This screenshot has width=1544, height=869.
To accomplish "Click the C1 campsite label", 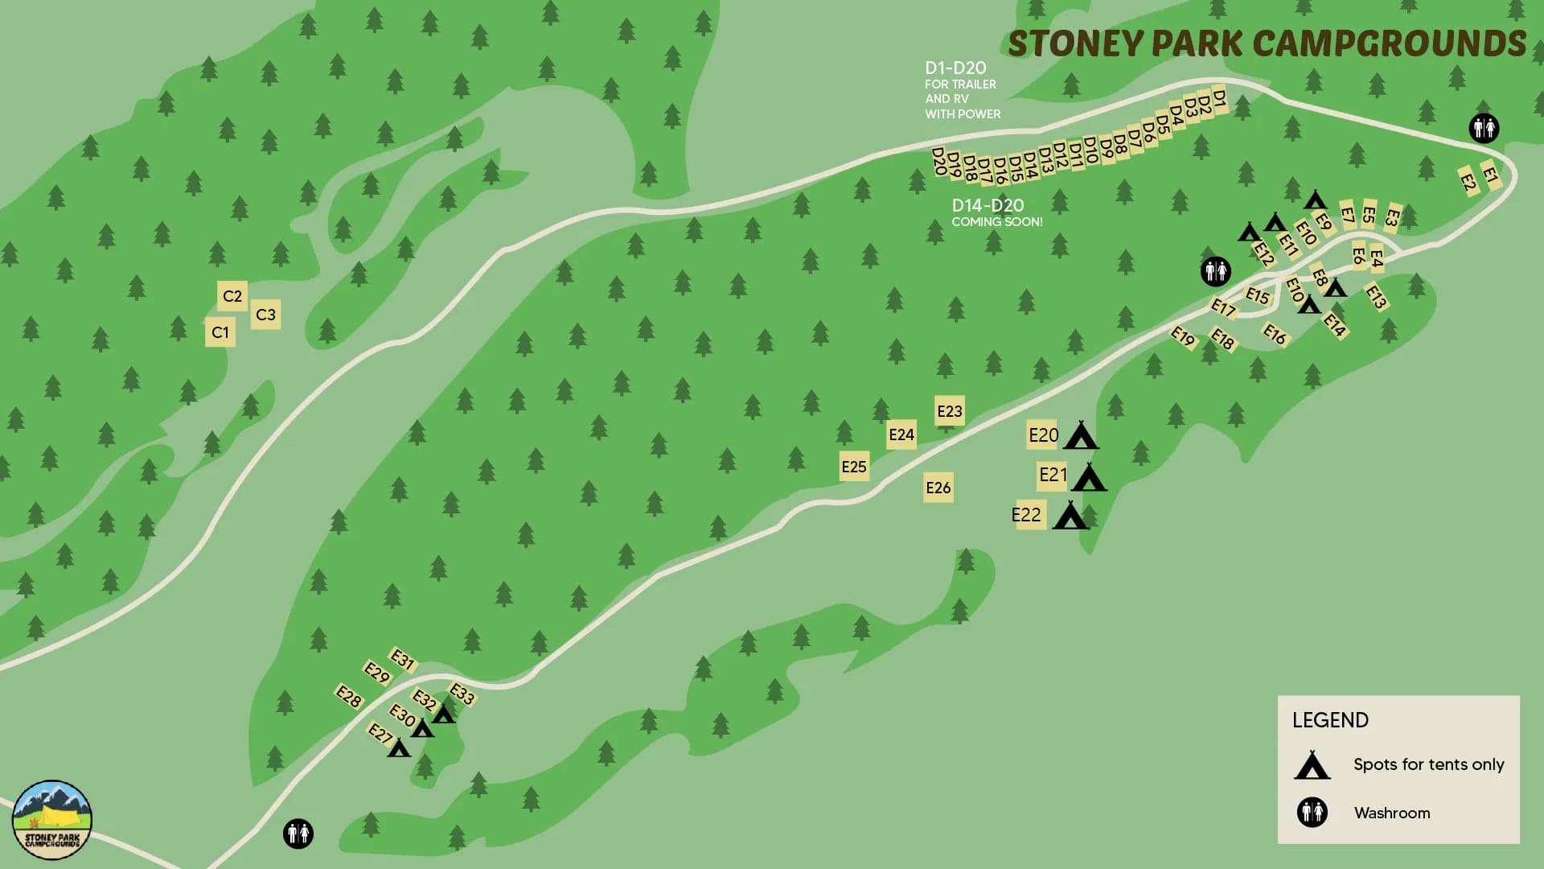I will tap(220, 332).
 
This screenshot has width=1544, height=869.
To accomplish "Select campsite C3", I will tap(265, 315).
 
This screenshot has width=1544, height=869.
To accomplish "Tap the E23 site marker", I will tap(950, 411).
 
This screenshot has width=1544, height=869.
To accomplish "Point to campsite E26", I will tap(938, 488).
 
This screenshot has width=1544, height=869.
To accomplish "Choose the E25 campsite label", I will tap(854, 467).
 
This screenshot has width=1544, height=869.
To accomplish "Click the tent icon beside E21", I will tap(1089, 478).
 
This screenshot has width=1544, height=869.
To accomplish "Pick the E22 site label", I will tap(1027, 515).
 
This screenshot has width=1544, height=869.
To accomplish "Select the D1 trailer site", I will tap(1219, 99).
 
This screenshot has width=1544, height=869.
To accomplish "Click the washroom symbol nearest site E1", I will tap(1484, 128).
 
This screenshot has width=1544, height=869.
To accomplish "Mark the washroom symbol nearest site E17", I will tap(1215, 271).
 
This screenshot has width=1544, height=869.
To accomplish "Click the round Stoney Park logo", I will tap(52, 820).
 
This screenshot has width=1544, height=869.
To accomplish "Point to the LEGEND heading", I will tap(1330, 720).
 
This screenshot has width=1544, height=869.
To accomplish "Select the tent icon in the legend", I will tap(1312, 765).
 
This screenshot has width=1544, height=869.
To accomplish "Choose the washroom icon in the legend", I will tap(1312, 813).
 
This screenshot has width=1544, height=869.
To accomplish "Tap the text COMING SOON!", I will tap(997, 222).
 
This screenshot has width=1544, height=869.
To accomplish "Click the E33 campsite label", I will tap(462, 694).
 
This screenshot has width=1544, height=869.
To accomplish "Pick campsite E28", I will tap(349, 697).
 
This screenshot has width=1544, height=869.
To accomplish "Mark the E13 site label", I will tap(1376, 297).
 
